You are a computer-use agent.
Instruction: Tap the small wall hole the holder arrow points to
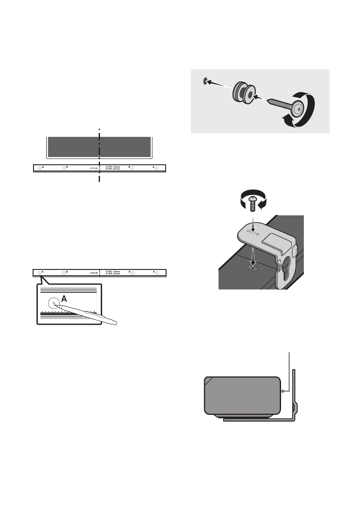pos(206,80)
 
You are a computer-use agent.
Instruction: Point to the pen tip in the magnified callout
pos(54,304)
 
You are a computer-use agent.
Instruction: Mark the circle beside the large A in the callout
pos(53,303)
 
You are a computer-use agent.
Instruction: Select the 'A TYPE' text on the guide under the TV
pos(112,166)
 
